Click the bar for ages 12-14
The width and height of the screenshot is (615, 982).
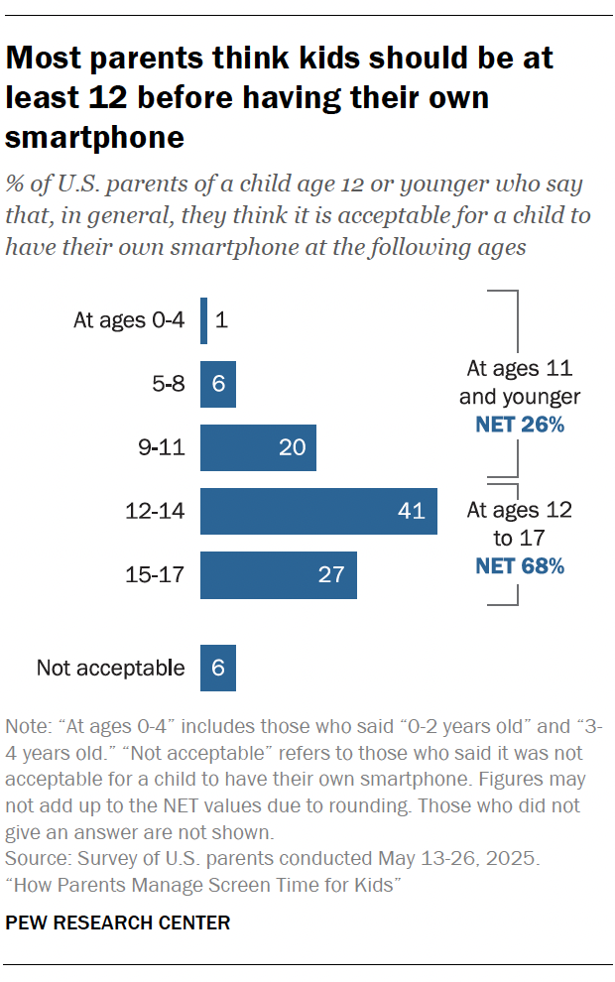(317, 512)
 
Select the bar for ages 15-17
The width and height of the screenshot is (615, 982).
(278, 575)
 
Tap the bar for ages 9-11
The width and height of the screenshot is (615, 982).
(258, 448)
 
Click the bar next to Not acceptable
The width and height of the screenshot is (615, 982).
(217, 668)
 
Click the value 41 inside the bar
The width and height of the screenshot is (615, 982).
(411, 512)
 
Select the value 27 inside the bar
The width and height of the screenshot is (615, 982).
(330, 575)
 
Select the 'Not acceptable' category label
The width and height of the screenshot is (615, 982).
(110, 668)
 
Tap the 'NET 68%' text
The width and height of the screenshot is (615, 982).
(519, 566)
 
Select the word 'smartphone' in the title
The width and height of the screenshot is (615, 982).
(95, 137)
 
